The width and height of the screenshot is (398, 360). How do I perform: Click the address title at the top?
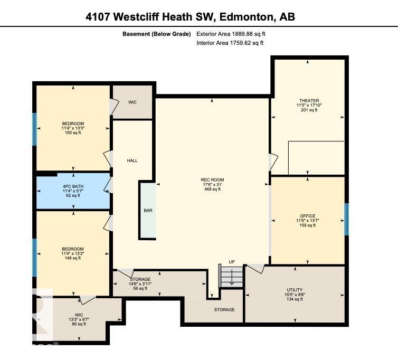[x=190, y=17]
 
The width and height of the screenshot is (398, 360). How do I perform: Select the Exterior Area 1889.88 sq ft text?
[x=234, y=34]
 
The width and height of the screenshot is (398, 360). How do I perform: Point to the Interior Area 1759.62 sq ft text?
[x=230, y=43]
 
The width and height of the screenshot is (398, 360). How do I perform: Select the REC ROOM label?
[x=213, y=184]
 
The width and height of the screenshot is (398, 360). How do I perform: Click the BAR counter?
[x=148, y=210]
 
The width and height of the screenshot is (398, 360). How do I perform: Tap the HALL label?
[x=132, y=160]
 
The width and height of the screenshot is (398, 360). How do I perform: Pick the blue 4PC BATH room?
[x=73, y=191]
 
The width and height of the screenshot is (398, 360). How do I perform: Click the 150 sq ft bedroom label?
[x=73, y=128]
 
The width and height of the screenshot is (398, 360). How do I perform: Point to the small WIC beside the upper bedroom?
[x=132, y=102]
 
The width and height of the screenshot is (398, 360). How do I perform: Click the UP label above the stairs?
[x=232, y=262]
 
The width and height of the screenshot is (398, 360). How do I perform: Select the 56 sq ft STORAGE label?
[x=140, y=283]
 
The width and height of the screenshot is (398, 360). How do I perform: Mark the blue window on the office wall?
[x=346, y=219]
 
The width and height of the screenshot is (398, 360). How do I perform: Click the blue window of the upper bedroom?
[x=35, y=129]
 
